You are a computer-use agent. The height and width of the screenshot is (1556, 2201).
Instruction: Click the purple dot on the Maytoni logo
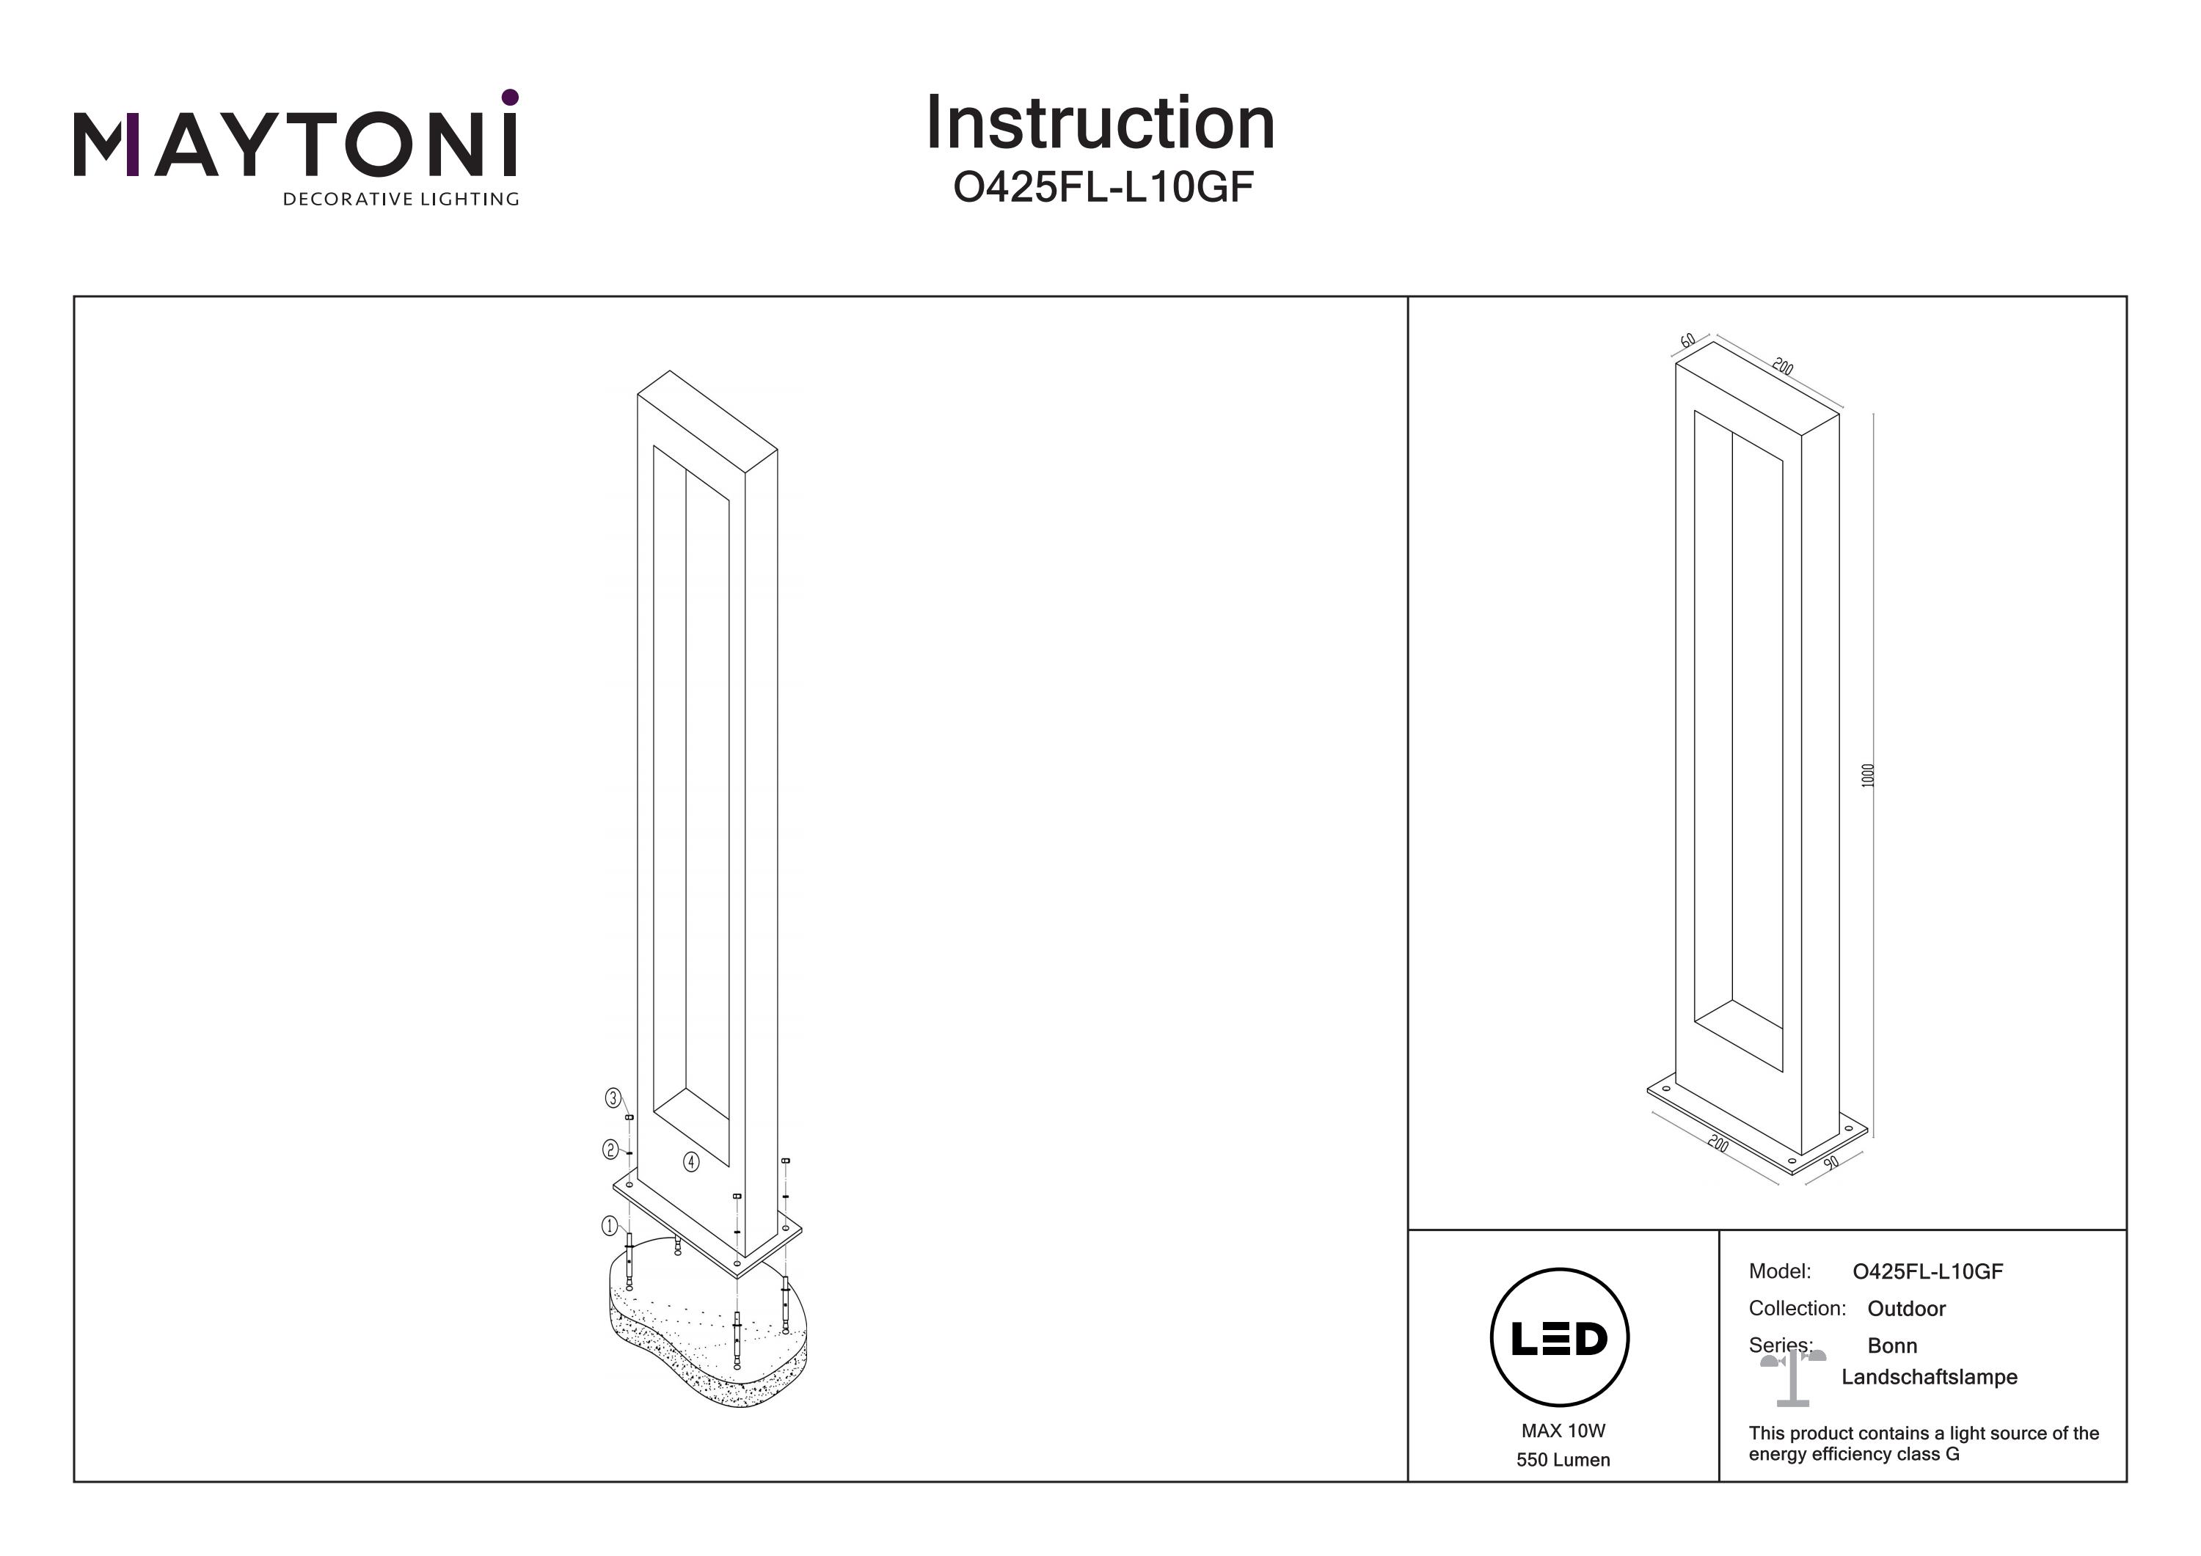[x=510, y=97]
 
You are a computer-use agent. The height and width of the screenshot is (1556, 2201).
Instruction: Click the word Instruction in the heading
[x=1100, y=124]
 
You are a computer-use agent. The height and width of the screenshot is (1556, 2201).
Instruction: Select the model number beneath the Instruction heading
[x=1103, y=188]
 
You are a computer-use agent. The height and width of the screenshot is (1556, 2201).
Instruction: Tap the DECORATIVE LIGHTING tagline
[x=401, y=200]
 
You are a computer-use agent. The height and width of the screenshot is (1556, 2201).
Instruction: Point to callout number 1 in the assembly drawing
[x=609, y=1225]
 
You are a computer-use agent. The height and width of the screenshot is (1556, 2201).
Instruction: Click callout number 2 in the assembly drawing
[x=610, y=1149]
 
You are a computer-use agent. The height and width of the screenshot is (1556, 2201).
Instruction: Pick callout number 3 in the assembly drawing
[x=613, y=1099]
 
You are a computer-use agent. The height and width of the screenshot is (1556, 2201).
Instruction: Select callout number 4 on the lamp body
[x=691, y=1162]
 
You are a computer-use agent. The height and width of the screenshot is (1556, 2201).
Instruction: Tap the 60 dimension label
[x=1688, y=340]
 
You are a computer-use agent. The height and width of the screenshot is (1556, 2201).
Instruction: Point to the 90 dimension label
[x=1831, y=1162]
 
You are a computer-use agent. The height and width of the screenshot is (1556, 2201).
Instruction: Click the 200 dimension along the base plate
[x=1718, y=1144]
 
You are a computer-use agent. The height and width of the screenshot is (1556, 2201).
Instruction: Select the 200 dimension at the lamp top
[x=1782, y=366]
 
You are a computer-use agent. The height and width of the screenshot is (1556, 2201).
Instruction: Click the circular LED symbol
[x=1560, y=1338]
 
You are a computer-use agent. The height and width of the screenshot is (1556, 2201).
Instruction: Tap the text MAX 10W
[x=1563, y=1431]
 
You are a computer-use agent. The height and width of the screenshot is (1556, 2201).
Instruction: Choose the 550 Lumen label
[x=1563, y=1460]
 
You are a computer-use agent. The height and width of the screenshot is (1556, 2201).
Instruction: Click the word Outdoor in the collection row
[x=1906, y=1309]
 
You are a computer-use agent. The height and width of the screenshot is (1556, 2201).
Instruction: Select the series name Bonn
[x=1891, y=1346]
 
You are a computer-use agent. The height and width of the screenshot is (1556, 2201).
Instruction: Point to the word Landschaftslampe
[x=1929, y=1378]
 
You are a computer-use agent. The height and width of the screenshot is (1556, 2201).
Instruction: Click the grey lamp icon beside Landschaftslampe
[x=1792, y=1378]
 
